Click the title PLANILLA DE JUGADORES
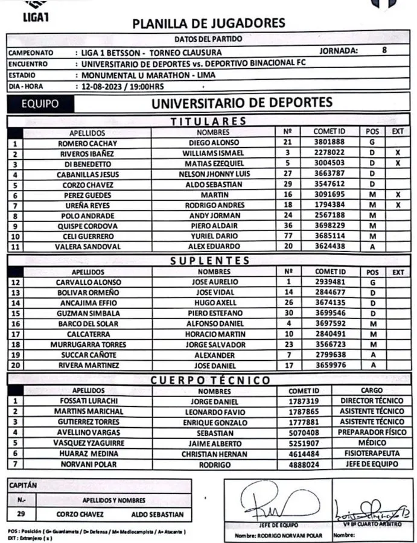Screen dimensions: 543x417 coord(209,24)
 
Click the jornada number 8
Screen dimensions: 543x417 coord(384,51)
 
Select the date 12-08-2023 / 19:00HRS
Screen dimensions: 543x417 coord(124,86)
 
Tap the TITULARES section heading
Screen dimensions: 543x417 coord(208,121)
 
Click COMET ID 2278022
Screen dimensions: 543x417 coord(329,153)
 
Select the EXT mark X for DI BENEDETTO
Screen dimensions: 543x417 coord(397,164)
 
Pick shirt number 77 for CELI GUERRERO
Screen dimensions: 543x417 coord(287,236)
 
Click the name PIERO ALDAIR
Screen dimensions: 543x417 coord(213,226)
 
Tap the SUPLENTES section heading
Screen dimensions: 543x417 coord(209,260)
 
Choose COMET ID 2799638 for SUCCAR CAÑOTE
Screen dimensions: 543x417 coord(329,355)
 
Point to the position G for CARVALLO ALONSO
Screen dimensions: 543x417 coord(372,282)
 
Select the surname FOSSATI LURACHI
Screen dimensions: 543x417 coord(88,401)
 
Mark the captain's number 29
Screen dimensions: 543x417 coord(21,515)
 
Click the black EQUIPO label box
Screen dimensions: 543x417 coord(40,104)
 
